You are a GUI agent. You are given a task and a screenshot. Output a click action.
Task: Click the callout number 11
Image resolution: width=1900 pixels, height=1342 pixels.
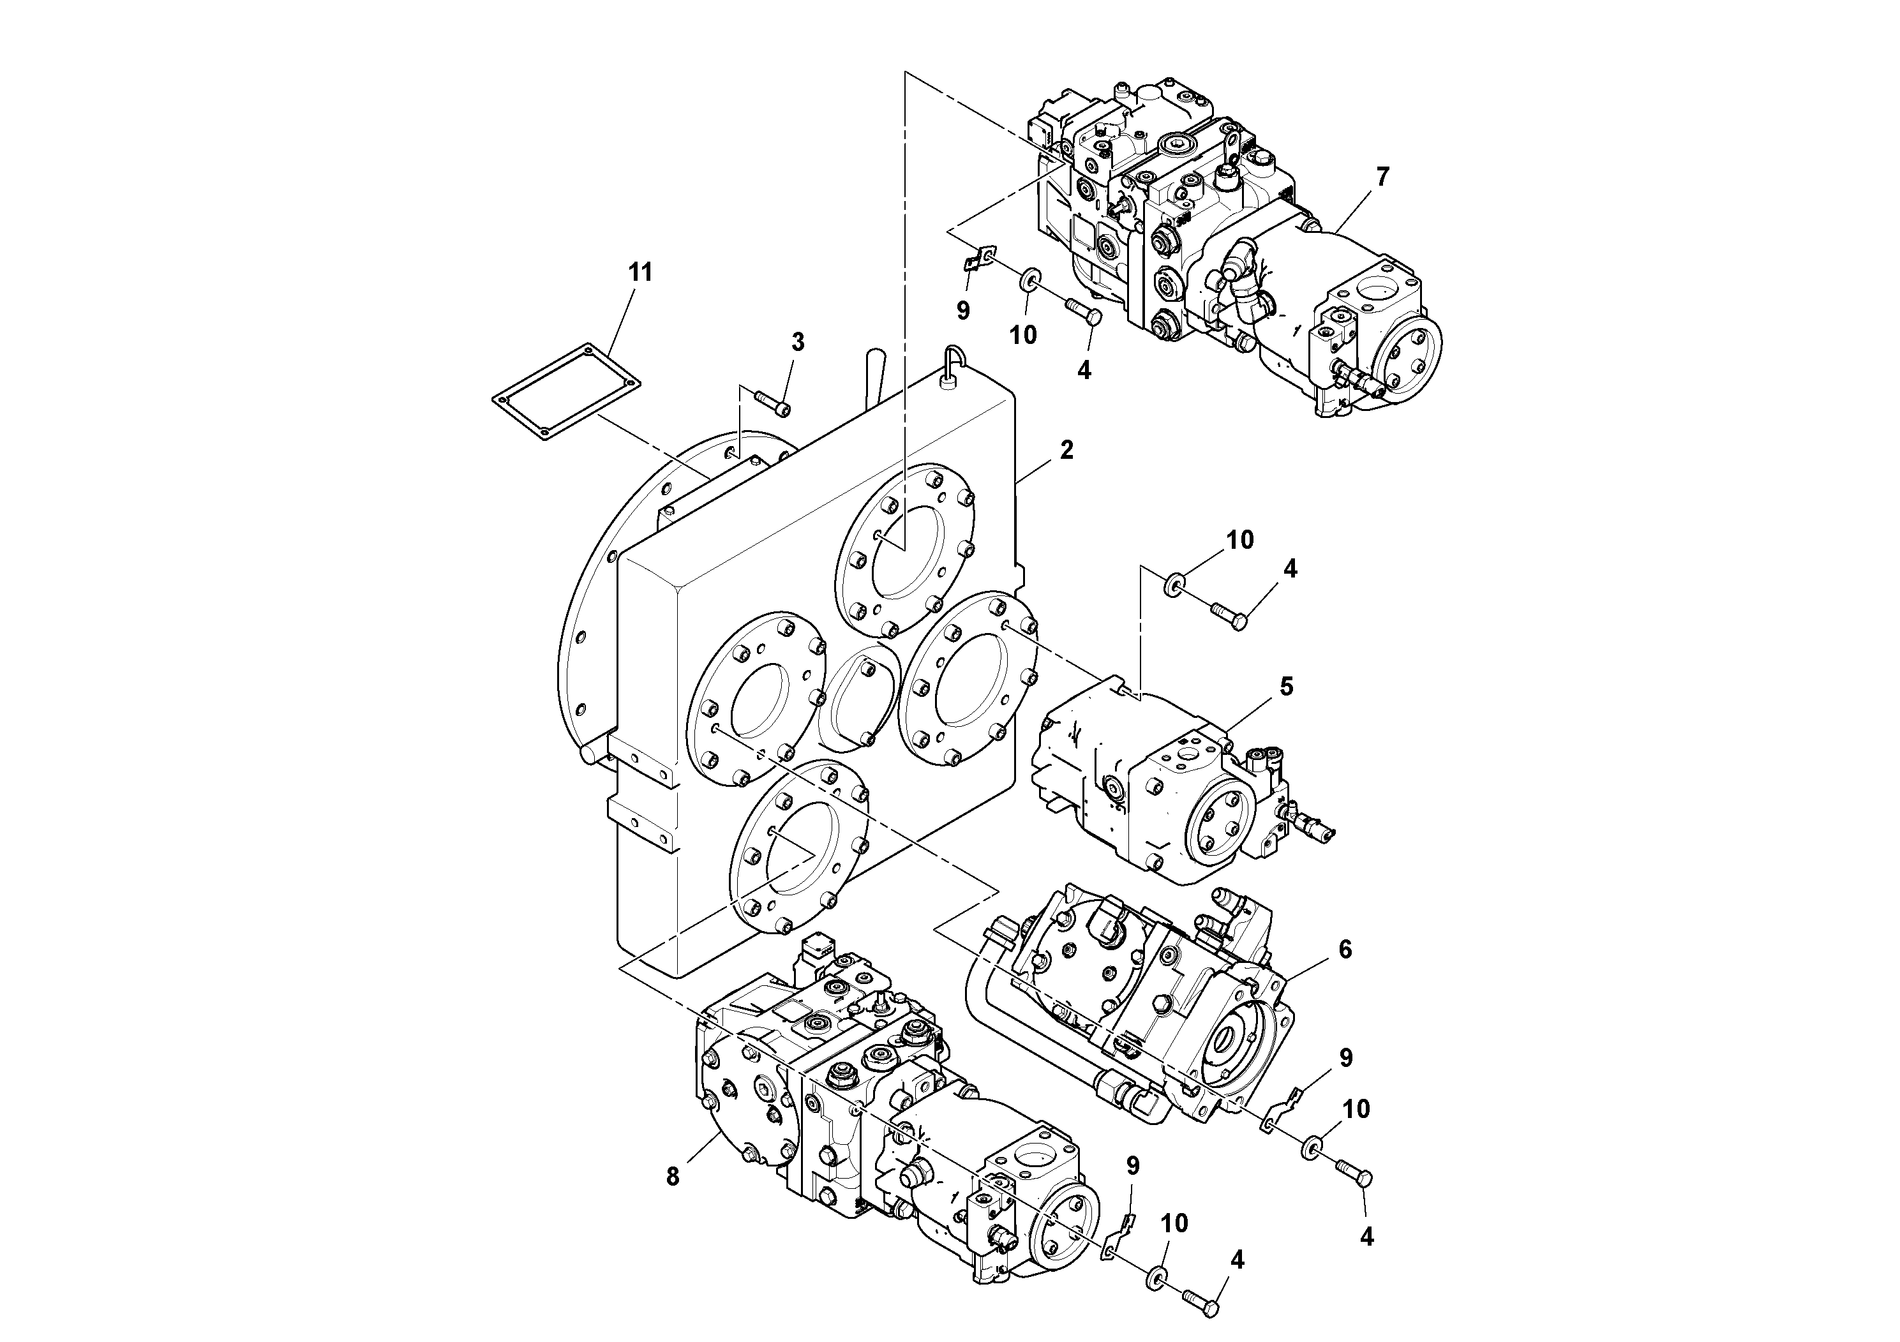pyautogui.click(x=640, y=272)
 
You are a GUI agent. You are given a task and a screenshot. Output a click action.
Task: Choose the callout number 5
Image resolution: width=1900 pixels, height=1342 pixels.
pyautogui.click(x=1286, y=686)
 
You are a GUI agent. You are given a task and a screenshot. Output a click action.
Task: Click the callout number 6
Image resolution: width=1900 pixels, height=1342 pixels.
pyautogui.click(x=1345, y=950)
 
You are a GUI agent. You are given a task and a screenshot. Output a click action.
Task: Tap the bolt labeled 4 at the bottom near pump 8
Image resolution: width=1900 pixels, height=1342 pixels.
pyautogui.click(x=1201, y=1301)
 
